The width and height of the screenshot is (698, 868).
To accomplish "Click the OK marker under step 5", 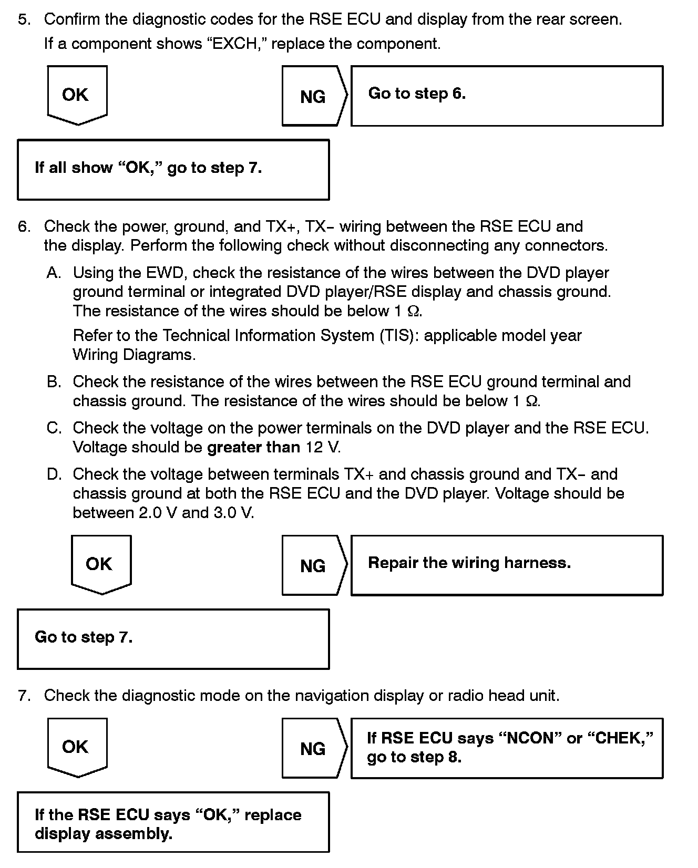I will (x=77, y=95).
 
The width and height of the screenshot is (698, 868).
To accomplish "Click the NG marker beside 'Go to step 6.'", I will (x=313, y=96).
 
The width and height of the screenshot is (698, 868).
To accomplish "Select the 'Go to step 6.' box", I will (x=506, y=96).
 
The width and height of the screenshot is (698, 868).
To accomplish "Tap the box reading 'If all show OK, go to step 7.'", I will (x=173, y=169).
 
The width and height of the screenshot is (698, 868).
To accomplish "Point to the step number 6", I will (x=24, y=226).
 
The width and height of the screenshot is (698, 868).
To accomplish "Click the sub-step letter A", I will (x=54, y=273).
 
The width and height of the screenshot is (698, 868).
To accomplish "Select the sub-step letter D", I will (x=54, y=474).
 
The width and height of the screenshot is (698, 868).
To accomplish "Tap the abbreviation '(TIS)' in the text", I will (x=395, y=336).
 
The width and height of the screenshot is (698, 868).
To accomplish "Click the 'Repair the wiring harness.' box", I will (x=506, y=565).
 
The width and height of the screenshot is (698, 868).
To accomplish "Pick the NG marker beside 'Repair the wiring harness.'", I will (x=313, y=565).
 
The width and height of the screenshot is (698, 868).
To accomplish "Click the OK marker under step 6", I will (x=100, y=564).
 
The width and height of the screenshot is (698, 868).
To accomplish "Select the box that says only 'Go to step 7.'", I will (x=173, y=638).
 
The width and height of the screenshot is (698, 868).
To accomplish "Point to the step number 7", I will (x=24, y=696).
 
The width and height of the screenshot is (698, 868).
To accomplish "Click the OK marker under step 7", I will (x=77, y=747).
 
